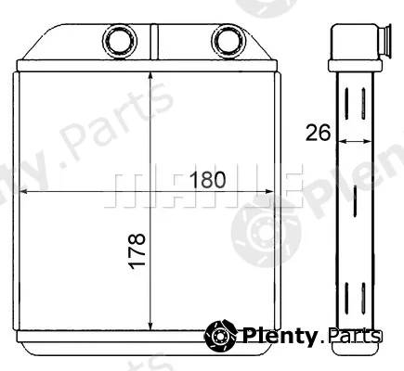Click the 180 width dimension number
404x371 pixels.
click(x=208, y=180)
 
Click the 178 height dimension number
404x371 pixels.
click(x=137, y=251)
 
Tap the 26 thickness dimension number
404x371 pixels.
click(x=318, y=133)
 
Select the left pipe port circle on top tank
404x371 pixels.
click(x=120, y=41)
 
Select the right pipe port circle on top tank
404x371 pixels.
click(x=229, y=41)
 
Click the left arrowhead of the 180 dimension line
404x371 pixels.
click(x=23, y=192)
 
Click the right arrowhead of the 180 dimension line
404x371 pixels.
click(x=268, y=192)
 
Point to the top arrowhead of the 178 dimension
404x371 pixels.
click(x=150, y=77)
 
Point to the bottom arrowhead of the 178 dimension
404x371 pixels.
click(x=150, y=326)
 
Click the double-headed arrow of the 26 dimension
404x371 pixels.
click(x=355, y=141)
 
